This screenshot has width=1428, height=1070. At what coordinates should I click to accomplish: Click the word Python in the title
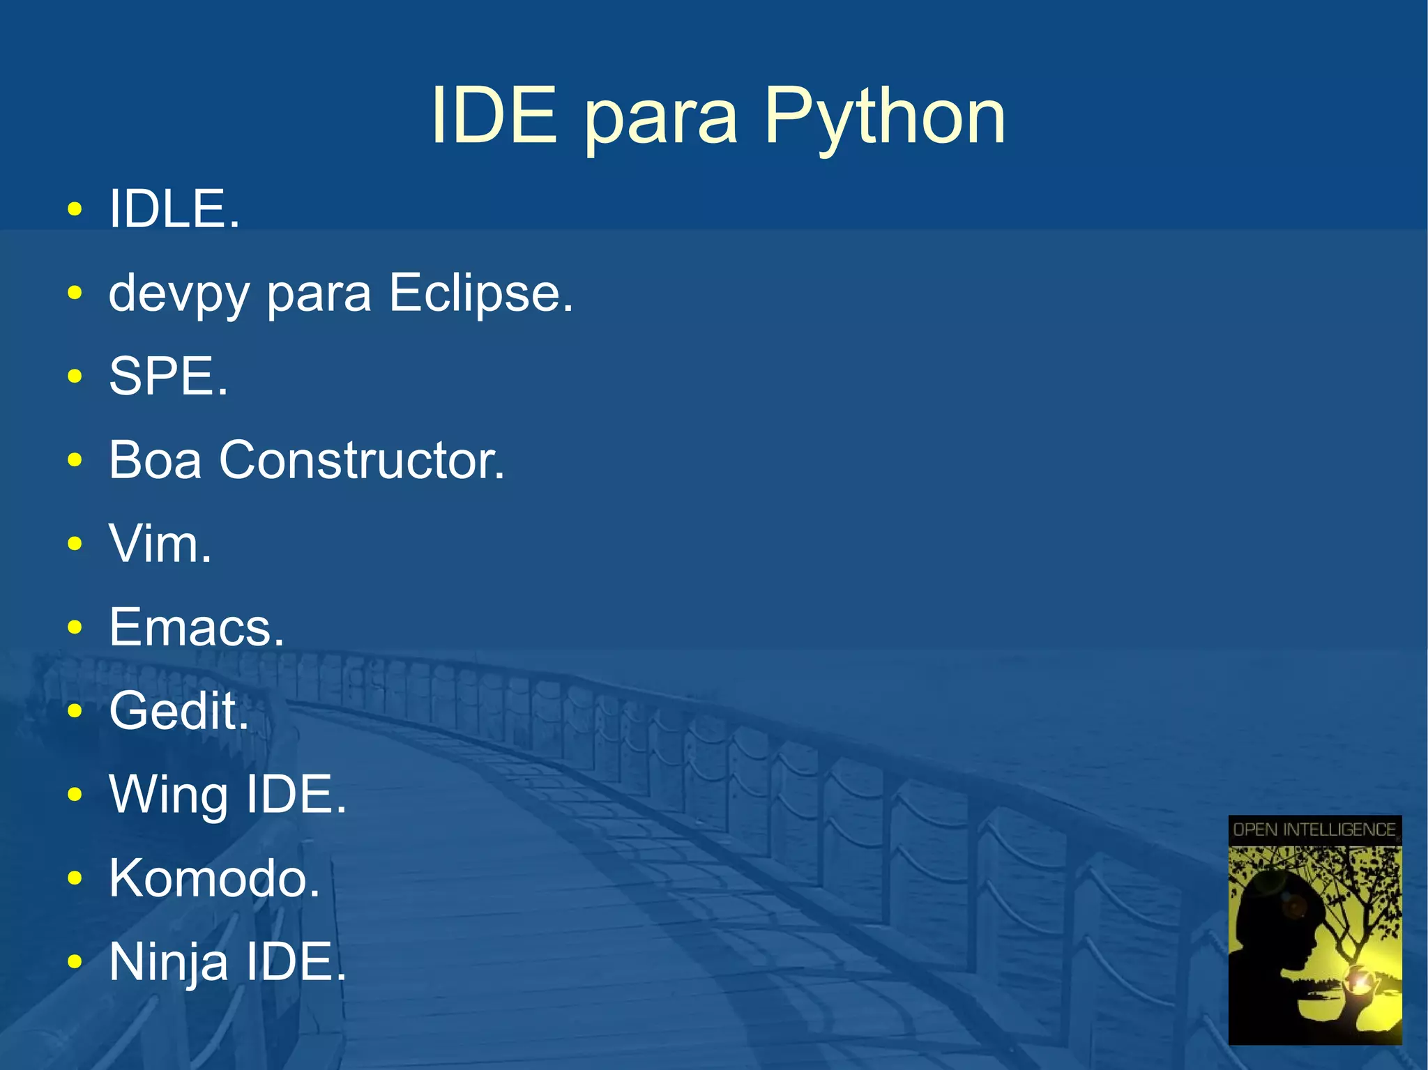(884, 117)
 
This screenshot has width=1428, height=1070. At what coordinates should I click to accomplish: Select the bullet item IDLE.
(174, 209)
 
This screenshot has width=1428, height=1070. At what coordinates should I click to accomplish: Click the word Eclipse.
(480, 293)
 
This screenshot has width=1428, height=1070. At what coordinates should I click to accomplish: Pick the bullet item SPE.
(168, 376)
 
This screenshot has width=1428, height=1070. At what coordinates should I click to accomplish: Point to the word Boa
(155, 460)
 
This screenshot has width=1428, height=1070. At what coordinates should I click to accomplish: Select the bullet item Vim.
(160, 544)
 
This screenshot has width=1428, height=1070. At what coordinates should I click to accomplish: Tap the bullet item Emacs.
(197, 627)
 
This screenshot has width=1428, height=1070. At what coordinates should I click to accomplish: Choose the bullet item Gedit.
(178, 711)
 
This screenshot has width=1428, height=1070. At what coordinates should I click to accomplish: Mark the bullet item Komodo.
(214, 878)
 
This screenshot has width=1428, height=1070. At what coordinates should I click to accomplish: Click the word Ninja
(168, 962)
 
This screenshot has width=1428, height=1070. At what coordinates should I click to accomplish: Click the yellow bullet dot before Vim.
(75, 544)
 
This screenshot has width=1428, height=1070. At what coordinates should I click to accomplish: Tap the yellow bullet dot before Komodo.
(75, 878)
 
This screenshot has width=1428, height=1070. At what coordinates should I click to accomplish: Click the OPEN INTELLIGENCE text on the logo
(1314, 830)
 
